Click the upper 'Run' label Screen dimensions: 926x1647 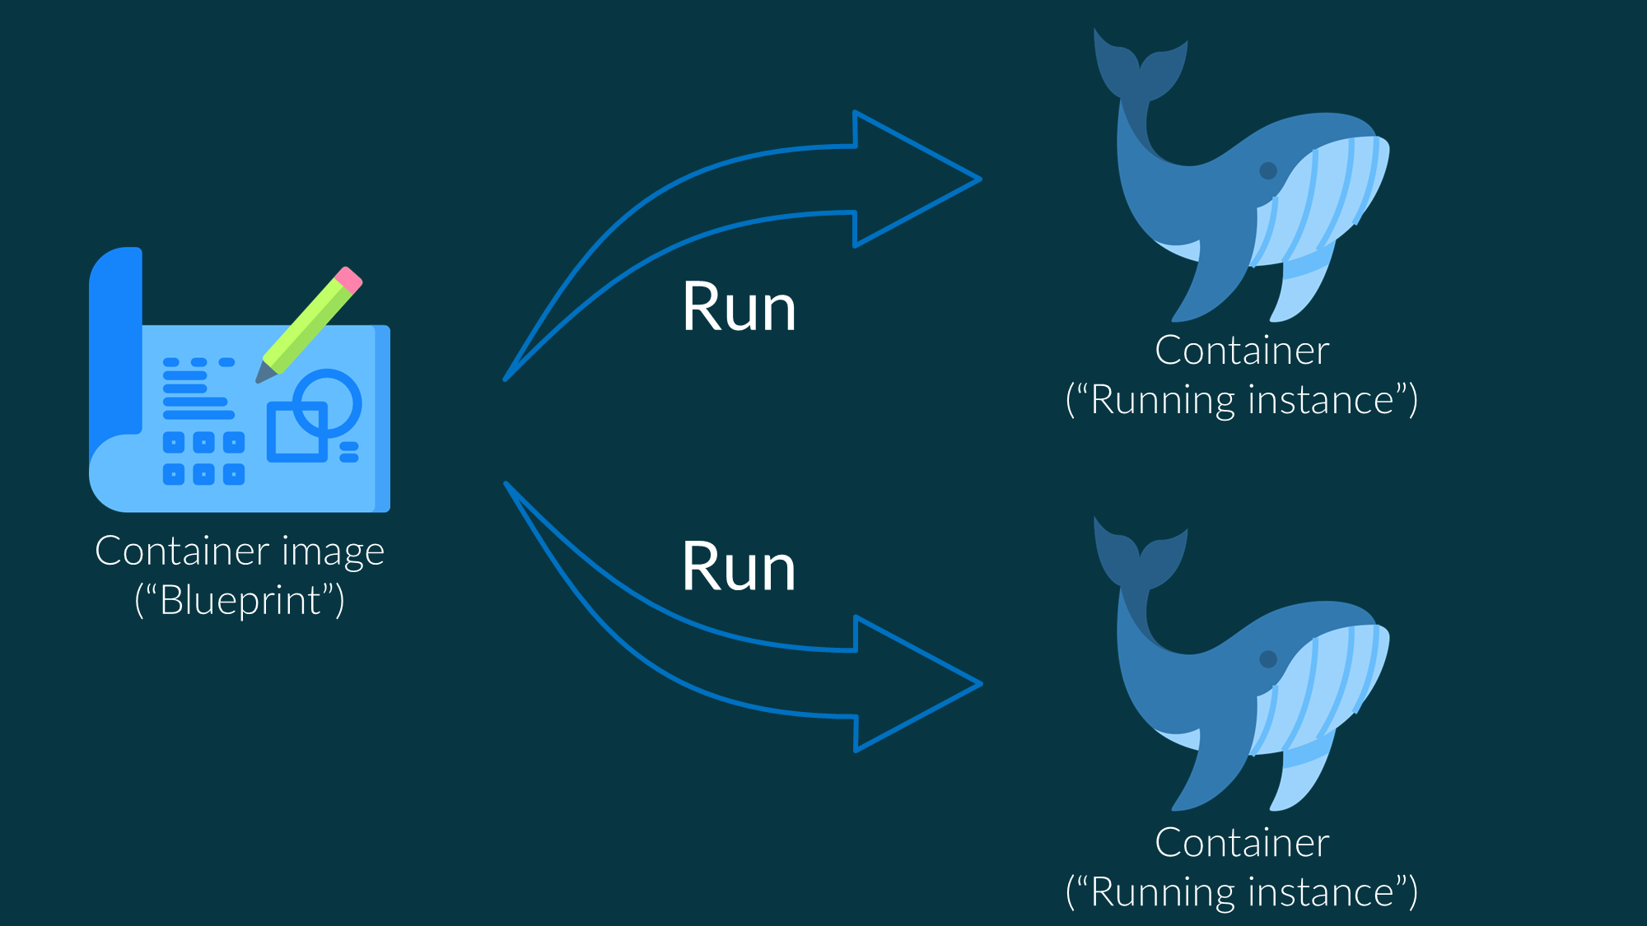pyautogui.click(x=739, y=308)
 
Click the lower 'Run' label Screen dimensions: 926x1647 pyautogui.click(x=739, y=568)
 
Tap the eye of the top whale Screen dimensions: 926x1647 pyautogui.click(x=1268, y=171)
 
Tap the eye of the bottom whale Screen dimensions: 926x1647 pyautogui.click(x=1268, y=659)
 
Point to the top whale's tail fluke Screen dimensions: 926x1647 pyautogui.click(x=1141, y=66)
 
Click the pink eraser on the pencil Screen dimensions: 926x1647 pyautogui.click(x=349, y=280)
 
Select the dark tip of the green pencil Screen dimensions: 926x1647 pyautogui.click(x=264, y=375)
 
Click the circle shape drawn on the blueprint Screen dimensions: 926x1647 pyautogui.click(x=327, y=403)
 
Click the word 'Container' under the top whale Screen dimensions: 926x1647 pyautogui.click(x=1242, y=351)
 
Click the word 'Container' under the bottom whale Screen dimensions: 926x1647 pyautogui.click(x=1242, y=843)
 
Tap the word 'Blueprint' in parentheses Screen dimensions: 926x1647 pyautogui.click(x=240, y=601)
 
